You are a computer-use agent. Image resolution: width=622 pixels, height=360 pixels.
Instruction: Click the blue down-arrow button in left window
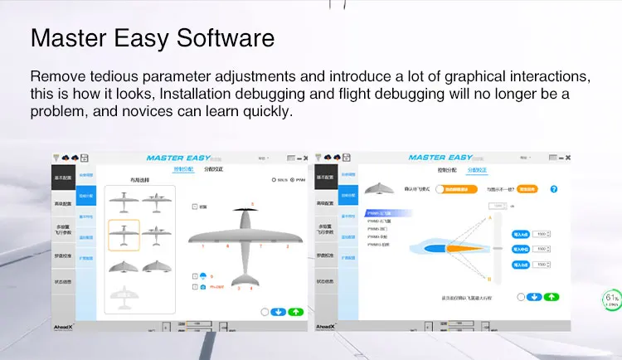279,312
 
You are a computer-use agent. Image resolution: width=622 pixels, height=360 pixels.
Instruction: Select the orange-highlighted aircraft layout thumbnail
124,236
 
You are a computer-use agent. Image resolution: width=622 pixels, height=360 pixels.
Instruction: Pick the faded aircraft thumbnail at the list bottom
124,294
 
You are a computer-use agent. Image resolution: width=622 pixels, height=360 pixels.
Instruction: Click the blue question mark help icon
553,189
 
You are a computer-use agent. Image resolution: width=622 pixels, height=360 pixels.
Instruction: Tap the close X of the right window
568,158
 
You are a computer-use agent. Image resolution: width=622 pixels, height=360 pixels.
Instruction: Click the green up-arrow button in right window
552,296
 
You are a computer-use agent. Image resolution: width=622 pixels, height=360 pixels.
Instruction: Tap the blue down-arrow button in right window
535,296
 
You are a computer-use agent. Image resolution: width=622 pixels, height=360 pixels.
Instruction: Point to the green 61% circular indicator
612,299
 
